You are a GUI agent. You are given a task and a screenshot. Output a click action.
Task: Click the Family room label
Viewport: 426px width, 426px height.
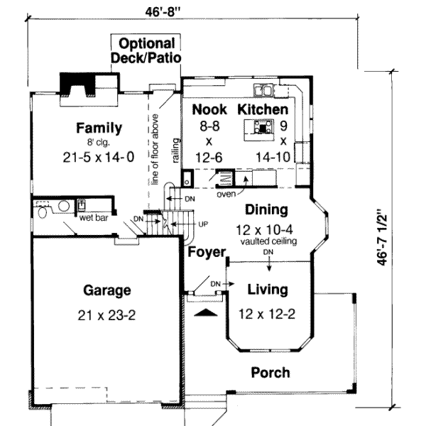99,129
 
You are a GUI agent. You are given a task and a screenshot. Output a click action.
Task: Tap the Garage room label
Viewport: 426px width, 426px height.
106,290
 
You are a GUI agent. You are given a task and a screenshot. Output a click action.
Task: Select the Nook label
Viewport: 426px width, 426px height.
210,109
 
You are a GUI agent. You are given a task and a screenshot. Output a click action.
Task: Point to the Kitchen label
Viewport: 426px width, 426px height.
263,109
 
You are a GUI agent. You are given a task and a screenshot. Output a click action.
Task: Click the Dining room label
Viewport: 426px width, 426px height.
266,210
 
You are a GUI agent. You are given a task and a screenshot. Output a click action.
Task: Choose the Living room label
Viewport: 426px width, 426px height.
267,290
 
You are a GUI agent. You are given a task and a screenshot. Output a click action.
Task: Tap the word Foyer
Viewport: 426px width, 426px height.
207,252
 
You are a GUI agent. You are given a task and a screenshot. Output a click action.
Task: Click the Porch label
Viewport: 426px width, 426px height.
271,372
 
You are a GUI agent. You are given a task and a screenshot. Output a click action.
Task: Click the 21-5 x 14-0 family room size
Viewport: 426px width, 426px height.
99,157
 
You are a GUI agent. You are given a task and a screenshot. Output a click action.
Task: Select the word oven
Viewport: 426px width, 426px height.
226,192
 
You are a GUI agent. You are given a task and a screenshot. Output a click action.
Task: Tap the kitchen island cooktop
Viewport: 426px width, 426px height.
263,128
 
